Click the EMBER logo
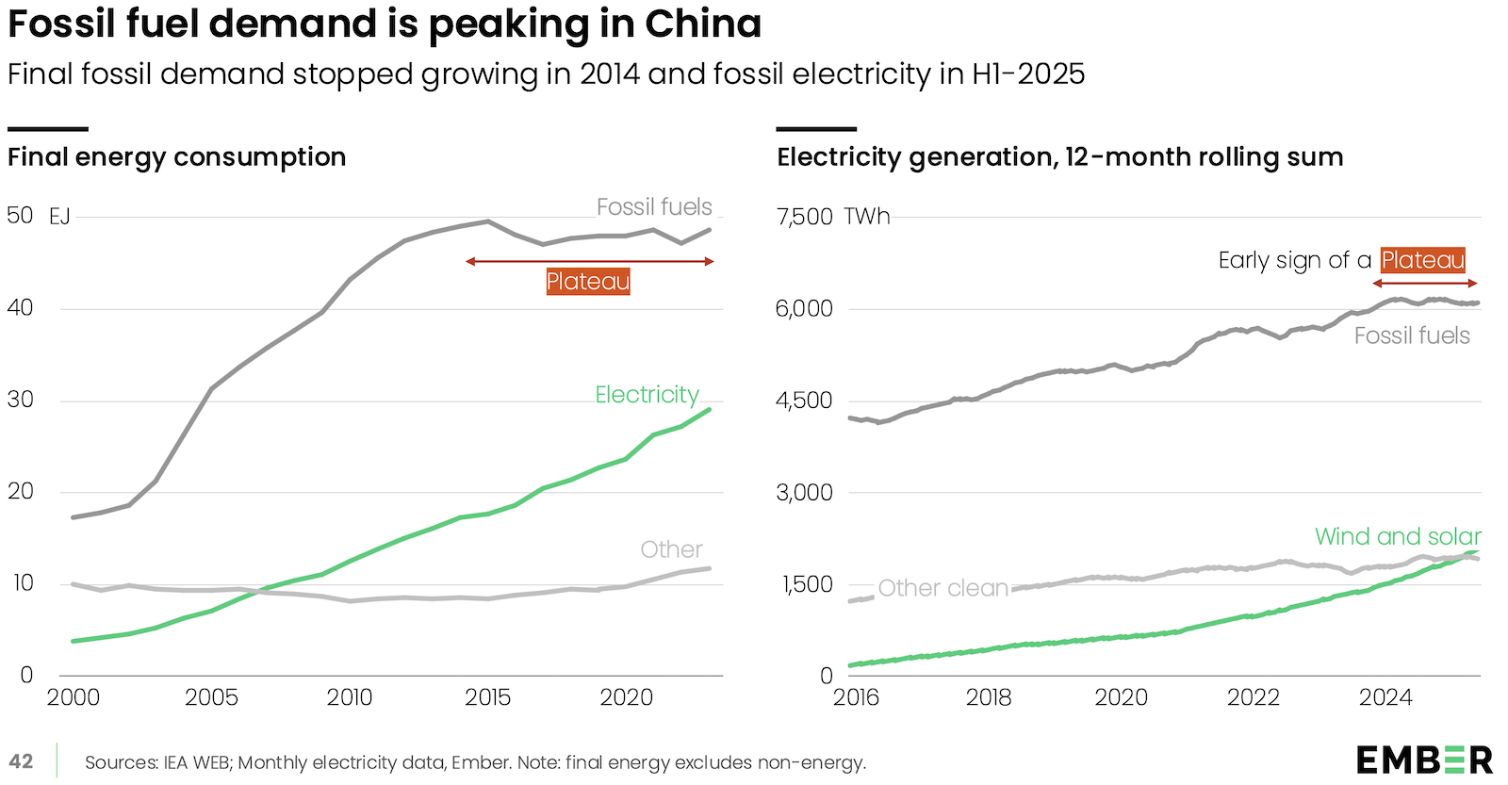coord(1424,760)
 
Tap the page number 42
coord(21,761)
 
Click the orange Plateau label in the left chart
coord(588,281)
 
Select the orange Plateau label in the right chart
coord(1422,260)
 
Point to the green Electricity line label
coord(647,395)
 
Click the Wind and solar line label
coord(1398,536)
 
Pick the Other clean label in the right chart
coord(942,588)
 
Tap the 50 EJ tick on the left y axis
coord(38,216)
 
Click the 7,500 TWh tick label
coord(832,217)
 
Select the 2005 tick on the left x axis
coord(211,697)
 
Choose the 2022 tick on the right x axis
coord(1253,697)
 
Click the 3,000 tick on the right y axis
coord(804,492)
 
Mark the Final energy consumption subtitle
coord(177,156)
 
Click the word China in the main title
coord(703,24)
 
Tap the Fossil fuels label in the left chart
coord(654,207)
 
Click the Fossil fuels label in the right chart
coord(1412,335)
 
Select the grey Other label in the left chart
coord(671,549)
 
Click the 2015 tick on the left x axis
coord(487,697)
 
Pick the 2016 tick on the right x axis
coord(856,697)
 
